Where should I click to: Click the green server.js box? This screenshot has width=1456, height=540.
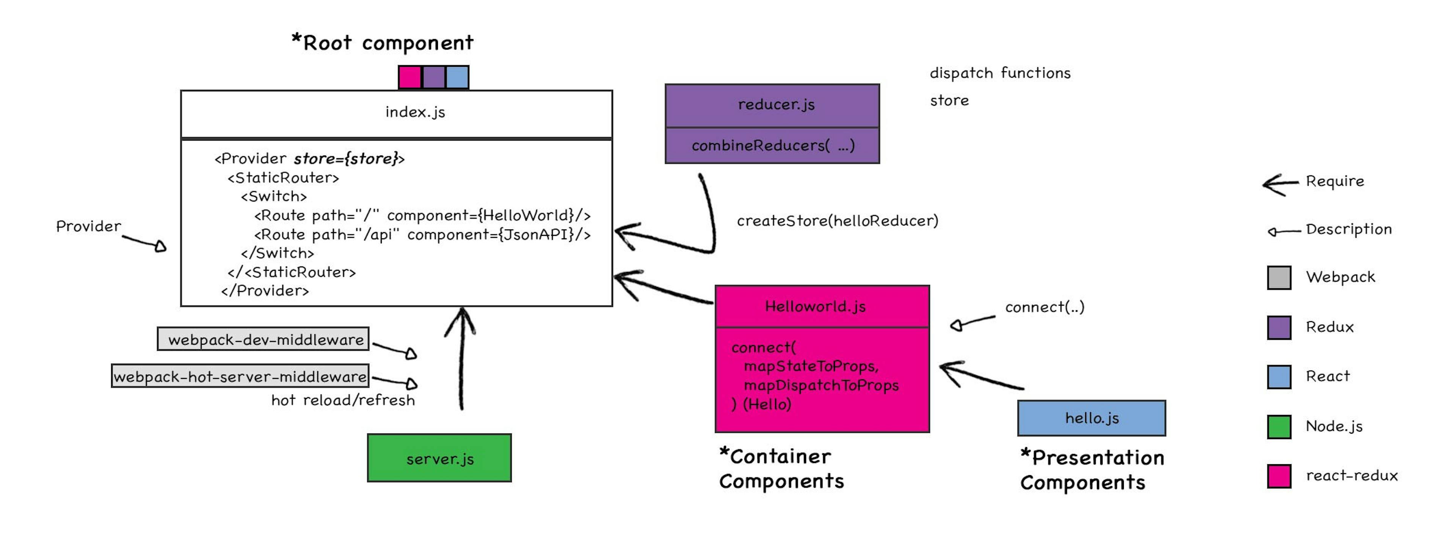(x=439, y=458)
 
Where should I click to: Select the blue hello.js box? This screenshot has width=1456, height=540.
(x=1092, y=418)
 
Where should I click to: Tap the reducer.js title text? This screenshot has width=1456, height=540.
(x=776, y=105)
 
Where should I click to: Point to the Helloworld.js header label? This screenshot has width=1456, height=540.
(x=815, y=306)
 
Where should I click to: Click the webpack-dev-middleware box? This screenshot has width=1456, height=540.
(x=264, y=339)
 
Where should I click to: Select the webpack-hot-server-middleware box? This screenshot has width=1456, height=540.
(x=240, y=376)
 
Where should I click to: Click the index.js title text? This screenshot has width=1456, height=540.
(x=415, y=112)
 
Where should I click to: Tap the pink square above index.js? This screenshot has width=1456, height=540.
(x=410, y=77)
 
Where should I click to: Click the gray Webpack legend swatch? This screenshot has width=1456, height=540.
(x=1279, y=278)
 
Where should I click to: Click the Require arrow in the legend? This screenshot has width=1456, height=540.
(x=1280, y=184)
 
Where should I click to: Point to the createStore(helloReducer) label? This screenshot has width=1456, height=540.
(x=837, y=221)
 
